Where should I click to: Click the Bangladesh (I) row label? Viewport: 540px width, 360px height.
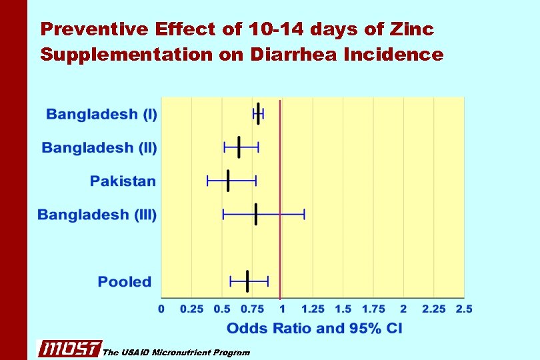click(x=101, y=114)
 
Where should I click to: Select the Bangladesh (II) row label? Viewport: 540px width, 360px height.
click(x=99, y=147)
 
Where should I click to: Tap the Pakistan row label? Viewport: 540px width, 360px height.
click(x=123, y=181)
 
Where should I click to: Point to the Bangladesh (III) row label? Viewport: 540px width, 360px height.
click(x=97, y=215)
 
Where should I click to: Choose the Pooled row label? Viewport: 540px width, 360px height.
click(x=125, y=281)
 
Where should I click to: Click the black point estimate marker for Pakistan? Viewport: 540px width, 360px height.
click(x=228, y=181)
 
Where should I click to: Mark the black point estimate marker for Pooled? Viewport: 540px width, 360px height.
click(x=247, y=281)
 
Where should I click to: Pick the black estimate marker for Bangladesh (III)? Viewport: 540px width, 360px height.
click(x=255, y=214)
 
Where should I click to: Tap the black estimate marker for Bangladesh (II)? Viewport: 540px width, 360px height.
click(x=239, y=147)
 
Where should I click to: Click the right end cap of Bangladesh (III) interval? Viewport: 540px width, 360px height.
click(x=305, y=214)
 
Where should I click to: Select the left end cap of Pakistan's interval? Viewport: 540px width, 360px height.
click(x=208, y=181)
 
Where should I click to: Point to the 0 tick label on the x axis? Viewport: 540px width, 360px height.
click(x=161, y=309)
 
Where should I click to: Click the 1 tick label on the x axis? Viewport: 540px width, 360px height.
click(x=282, y=309)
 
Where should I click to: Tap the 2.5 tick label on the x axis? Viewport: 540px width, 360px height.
click(x=463, y=309)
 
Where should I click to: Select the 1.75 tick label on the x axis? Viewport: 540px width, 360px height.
click(x=373, y=309)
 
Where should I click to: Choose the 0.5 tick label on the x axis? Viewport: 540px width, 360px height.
click(x=222, y=309)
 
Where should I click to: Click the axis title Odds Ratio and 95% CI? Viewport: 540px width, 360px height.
click(x=314, y=328)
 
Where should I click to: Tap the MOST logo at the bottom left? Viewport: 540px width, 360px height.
click(x=69, y=349)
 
